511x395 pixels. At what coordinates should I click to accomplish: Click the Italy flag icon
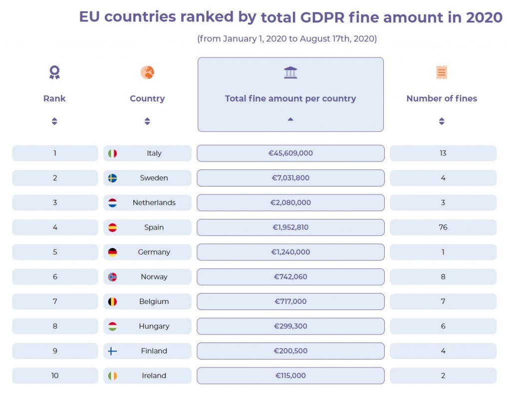pyautogui.click(x=112, y=153)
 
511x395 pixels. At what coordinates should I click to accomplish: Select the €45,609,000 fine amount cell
pyautogui.click(x=290, y=153)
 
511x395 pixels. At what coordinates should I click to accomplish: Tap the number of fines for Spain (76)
pyautogui.click(x=443, y=227)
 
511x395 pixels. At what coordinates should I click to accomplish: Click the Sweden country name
pyautogui.click(x=154, y=178)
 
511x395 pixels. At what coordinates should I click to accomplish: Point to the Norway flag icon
pyautogui.click(x=112, y=277)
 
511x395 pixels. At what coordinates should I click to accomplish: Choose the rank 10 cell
pyautogui.click(x=55, y=375)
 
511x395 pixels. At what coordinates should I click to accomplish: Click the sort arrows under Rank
pyautogui.click(x=54, y=121)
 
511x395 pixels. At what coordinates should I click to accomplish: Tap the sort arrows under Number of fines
pyautogui.click(x=442, y=121)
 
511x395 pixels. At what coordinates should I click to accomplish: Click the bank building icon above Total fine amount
pyautogui.click(x=290, y=72)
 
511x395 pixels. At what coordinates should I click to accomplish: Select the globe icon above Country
pyautogui.click(x=147, y=72)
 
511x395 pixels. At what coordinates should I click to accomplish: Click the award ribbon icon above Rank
pyautogui.click(x=54, y=72)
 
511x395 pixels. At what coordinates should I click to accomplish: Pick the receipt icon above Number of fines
pyautogui.click(x=442, y=72)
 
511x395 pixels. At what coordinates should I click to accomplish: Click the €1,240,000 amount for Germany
pyautogui.click(x=290, y=252)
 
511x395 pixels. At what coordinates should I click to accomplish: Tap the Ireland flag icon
pyautogui.click(x=112, y=375)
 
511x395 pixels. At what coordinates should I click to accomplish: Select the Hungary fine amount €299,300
pyautogui.click(x=290, y=326)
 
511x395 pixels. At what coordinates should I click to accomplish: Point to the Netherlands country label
pyautogui.click(x=154, y=202)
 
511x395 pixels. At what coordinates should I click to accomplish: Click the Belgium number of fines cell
pyautogui.click(x=443, y=301)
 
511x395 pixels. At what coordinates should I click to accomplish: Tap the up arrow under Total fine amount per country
pyautogui.click(x=290, y=119)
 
